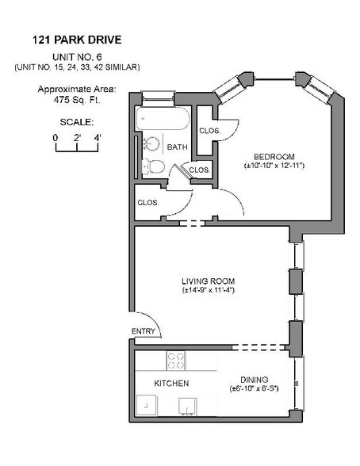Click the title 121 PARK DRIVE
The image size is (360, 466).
77,39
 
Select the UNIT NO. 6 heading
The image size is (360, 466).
77,57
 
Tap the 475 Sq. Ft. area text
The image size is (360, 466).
77,101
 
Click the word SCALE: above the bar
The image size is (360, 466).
77,122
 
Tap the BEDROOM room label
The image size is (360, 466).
274,155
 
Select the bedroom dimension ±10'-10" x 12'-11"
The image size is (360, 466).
274,166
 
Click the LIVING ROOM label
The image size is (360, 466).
208,281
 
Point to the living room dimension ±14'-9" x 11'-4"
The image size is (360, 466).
208,291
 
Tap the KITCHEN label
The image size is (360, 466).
170,383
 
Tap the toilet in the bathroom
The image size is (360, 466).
154,167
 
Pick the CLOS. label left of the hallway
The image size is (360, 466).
148,202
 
